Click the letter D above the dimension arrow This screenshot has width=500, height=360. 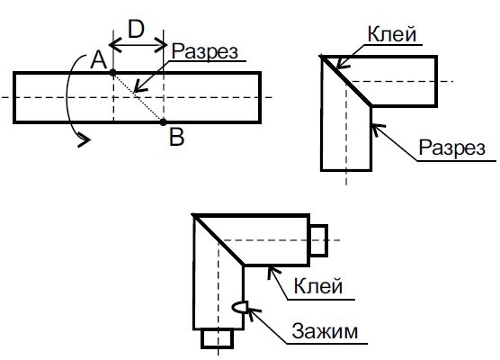136,29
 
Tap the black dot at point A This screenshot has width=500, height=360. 113,73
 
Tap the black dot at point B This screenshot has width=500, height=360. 164,121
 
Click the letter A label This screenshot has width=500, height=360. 98,60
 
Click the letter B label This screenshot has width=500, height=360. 176,137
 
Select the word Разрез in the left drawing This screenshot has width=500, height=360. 205,51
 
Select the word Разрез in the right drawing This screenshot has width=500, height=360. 451,148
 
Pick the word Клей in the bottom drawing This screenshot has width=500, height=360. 318,285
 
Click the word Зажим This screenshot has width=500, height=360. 325,331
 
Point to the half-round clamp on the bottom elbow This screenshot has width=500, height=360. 239,307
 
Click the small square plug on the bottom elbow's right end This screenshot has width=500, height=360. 318,240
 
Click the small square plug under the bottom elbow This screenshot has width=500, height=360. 217,338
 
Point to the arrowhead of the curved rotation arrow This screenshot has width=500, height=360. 84,140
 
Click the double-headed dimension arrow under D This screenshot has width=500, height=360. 138,45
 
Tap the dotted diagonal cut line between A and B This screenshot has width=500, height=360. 138,97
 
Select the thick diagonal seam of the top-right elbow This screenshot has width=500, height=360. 346,81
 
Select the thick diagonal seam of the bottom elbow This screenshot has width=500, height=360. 219,239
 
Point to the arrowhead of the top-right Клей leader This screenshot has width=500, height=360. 342,63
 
